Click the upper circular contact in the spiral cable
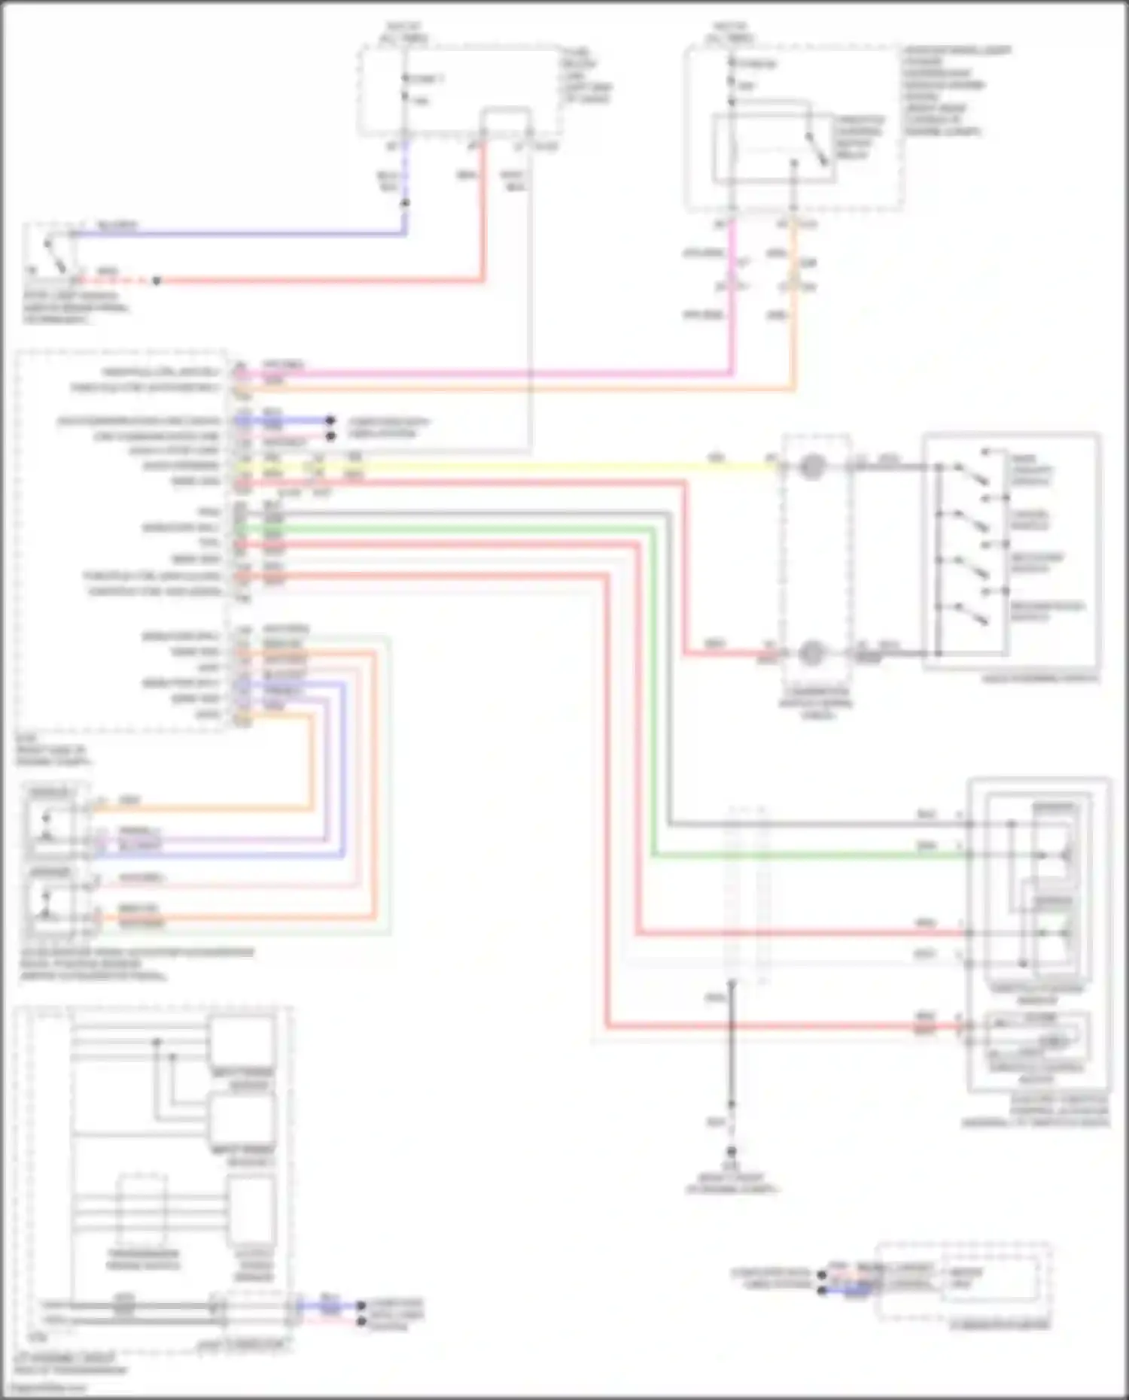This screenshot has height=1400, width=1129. pos(811,467)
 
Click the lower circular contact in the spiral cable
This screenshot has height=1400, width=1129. pos(811,653)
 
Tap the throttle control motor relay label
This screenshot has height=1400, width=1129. pos(858,137)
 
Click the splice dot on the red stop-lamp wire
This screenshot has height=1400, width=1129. pos(157,281)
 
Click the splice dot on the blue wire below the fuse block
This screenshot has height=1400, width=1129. pos(405,203)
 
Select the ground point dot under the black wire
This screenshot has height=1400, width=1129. pos(731,1152)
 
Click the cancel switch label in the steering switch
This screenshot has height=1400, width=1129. pos(1029,520)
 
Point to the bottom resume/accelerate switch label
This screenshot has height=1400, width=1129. pos(1046,611)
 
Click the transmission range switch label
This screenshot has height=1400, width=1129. pos(143,1259)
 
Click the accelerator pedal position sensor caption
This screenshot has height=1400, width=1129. pos(135,964)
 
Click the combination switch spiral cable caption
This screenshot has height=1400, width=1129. pos(816,703)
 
